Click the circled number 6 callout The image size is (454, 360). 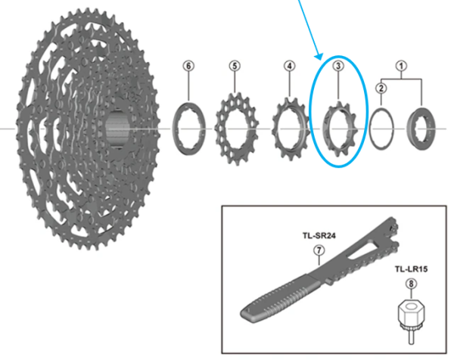point(188,66)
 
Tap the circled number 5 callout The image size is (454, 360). point(235,66)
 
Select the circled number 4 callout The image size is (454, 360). point(288,66)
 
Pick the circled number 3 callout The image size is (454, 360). point(339,67)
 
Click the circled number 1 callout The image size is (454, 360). point(403,66)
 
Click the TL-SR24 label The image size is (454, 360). point(319,235)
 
